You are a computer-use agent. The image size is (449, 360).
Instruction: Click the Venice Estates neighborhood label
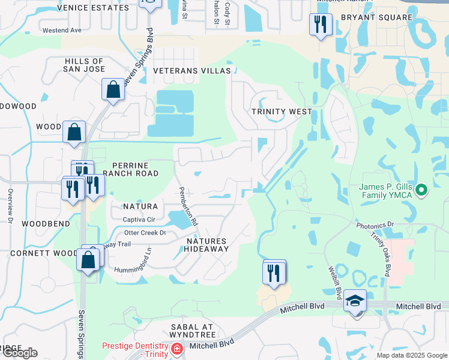pos(92,8)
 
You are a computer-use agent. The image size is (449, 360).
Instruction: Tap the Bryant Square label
pos(376,17)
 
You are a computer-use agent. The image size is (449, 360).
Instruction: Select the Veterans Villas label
pos(191,71)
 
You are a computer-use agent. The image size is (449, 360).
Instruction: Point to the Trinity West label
pos(282,112)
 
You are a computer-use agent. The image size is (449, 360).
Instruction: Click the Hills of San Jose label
pos(85,65)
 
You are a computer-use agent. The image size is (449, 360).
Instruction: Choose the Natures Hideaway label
pos(206,245)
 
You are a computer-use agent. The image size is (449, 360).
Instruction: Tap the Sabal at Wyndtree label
pos(192,331)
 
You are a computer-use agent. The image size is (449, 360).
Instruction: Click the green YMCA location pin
pos(421,191)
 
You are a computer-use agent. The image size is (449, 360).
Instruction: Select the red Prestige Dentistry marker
pos(177,349)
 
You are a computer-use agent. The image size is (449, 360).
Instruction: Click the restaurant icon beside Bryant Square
pos(320,25)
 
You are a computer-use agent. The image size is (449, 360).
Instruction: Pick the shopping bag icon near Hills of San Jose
pos(112,90)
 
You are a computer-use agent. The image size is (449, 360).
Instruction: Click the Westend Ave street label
pos(62,30)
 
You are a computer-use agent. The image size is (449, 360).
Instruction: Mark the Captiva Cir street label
pos(139,220)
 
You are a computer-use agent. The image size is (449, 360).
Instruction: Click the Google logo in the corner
pos(19,353)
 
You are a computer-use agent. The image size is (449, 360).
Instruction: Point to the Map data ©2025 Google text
pos(411,355)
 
